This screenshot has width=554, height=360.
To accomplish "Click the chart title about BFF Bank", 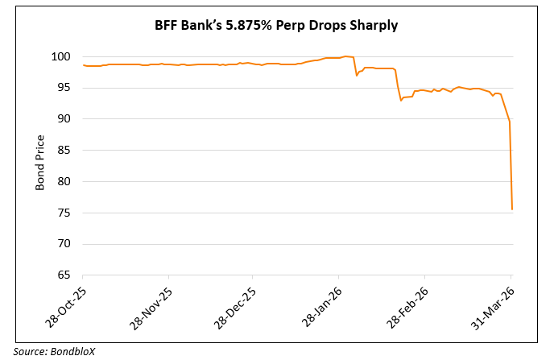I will (276, 26).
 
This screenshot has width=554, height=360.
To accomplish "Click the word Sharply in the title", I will (373, 26).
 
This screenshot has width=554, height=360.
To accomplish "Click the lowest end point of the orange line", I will (512, 209).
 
